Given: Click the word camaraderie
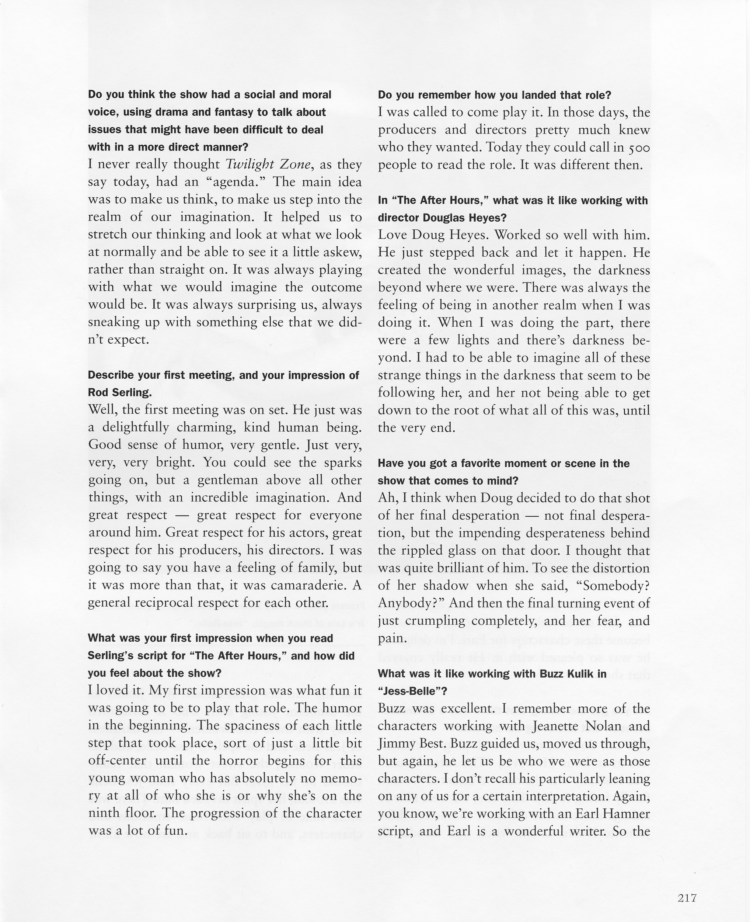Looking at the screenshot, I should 308,585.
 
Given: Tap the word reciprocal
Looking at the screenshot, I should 173,603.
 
